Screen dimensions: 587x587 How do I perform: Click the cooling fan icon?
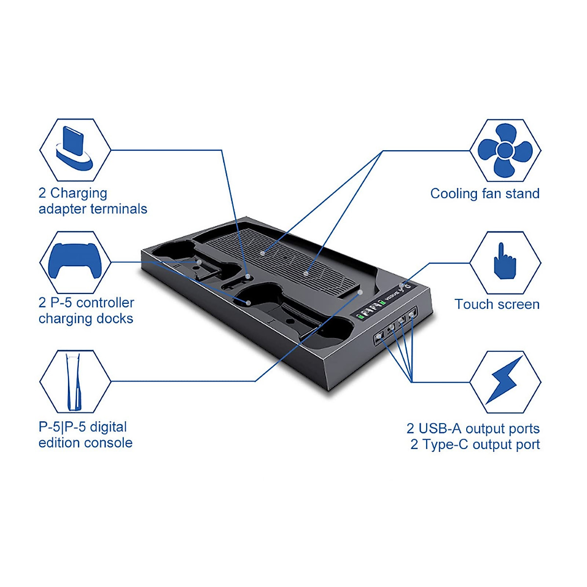tap(505, 150)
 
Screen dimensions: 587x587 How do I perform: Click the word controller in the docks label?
tap(105, 303)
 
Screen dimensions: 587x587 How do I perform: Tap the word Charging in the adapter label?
tap(79, 193)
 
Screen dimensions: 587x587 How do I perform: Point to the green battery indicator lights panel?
tap(371, 310)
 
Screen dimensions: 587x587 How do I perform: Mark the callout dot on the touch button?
tap(402, 285)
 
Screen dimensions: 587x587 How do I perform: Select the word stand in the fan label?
tap(522, 194)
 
